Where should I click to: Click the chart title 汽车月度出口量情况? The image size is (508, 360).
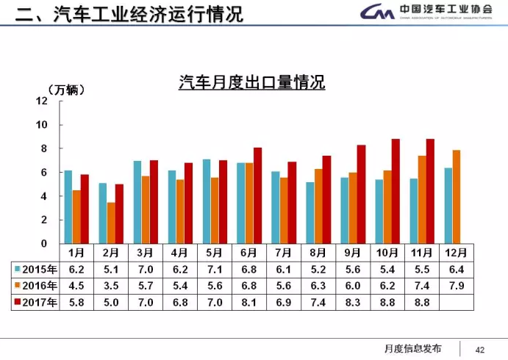(252, 82)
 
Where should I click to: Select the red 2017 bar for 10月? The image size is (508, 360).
(396, 191)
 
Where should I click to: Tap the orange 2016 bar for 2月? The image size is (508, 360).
(111, 223)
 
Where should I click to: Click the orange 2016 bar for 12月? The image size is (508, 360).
(457, 197)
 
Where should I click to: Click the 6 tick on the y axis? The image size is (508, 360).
(43, 172)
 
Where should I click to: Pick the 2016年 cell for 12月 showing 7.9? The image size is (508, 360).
(457, 285)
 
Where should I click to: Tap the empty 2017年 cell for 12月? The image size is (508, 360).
(457, 301)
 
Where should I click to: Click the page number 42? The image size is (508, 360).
(482, 349)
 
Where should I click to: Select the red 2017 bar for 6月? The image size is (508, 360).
(257, 195)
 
